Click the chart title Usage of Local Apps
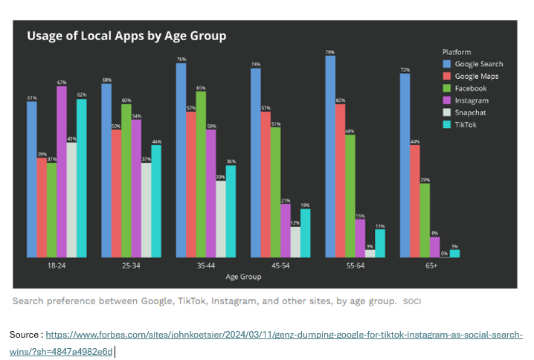[126, 36]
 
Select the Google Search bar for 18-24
[32, 179]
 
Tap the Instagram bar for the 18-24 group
[62, 172]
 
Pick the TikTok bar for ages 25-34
[156, 201]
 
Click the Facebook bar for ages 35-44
[201, 174]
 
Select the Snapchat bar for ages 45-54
[295, 242]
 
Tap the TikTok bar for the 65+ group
[454, 254]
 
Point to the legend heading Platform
[457, 52]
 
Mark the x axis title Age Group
[243, 277]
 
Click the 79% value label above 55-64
[329, 52]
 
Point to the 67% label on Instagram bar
[62, 83]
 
